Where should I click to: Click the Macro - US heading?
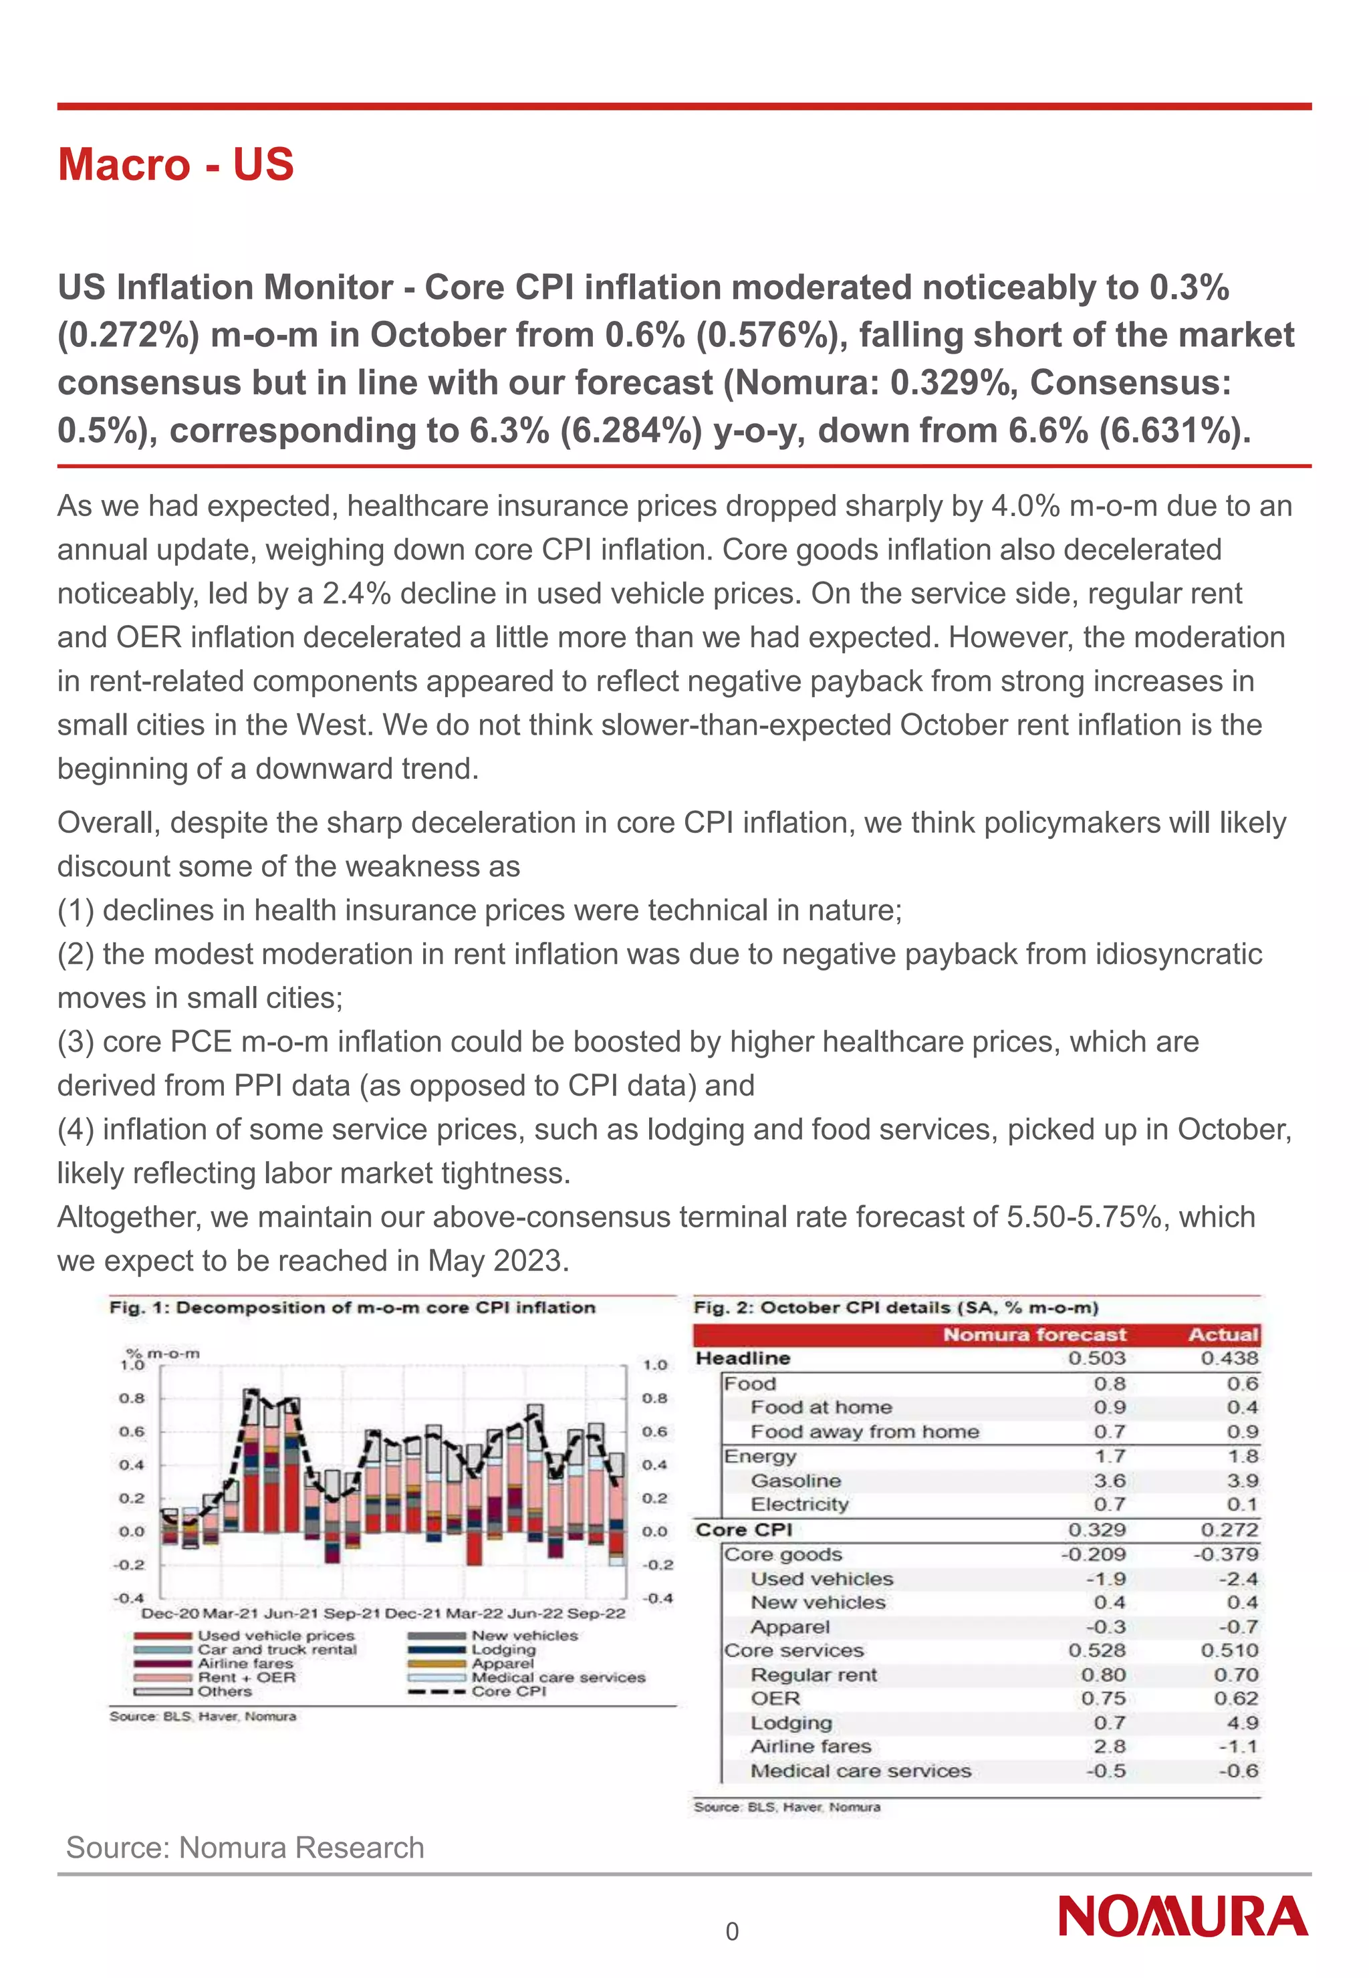176,164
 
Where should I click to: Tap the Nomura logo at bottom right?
1183,1917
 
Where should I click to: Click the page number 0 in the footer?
732,1932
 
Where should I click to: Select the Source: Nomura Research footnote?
245,1847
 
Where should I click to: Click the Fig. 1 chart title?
352,1308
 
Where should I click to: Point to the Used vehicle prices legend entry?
275,1636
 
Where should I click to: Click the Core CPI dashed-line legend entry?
508,1691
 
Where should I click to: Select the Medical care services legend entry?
557,1677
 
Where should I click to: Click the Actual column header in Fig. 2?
1223,1335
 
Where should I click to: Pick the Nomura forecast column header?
1035,1335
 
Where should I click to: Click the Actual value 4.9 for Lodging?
1242,1723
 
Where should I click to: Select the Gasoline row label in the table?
795,1481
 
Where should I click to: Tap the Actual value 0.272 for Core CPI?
1229,1529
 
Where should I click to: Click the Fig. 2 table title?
896,1308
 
